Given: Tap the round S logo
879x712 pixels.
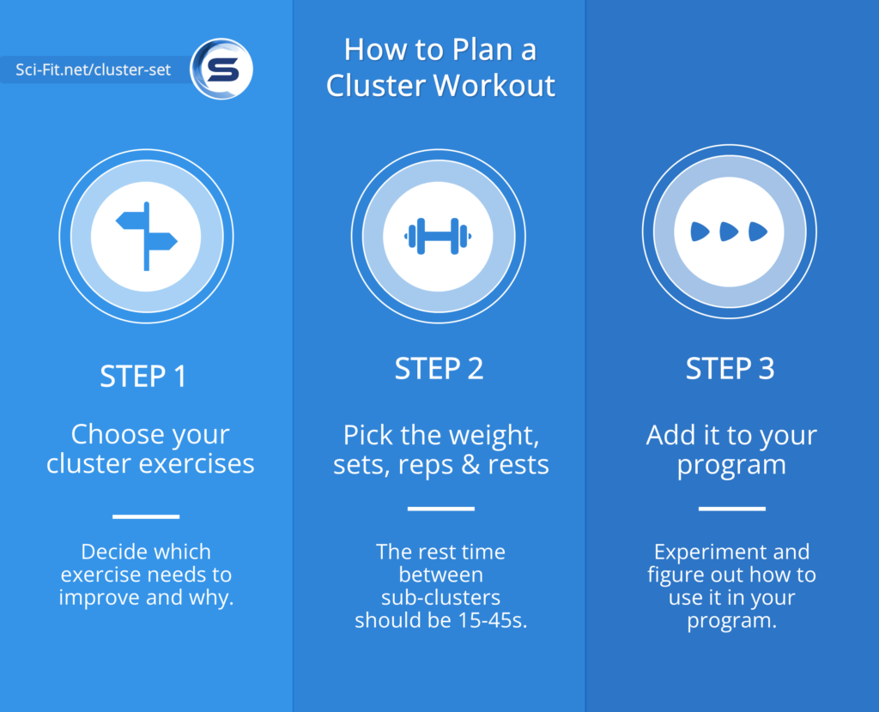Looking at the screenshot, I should (221, 69).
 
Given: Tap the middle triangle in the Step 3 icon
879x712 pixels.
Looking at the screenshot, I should (729, 231).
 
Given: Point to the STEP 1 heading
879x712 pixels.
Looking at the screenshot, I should (143, 377).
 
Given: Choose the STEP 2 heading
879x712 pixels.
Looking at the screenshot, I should (439, 369).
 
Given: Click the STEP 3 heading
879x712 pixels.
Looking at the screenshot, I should (730, 369).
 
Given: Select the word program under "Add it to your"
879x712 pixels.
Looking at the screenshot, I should (731, 465).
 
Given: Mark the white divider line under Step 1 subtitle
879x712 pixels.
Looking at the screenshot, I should (146, 516).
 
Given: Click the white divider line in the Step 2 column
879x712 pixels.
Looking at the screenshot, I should (440, 509).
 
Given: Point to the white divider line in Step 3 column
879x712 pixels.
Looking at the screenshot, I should (731, 509).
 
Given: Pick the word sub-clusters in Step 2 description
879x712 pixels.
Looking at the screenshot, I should (440, 597).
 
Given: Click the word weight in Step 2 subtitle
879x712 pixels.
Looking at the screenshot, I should (500, 434).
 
